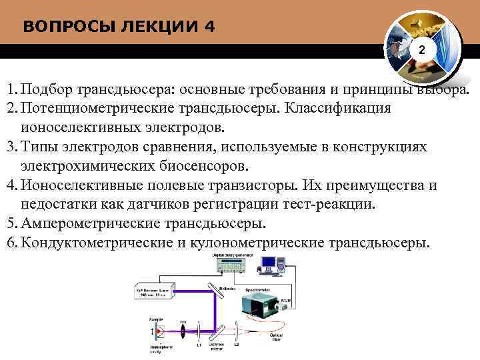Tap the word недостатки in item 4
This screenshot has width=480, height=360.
tap(57, 203)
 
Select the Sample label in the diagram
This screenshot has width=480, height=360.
tap(157, 320)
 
